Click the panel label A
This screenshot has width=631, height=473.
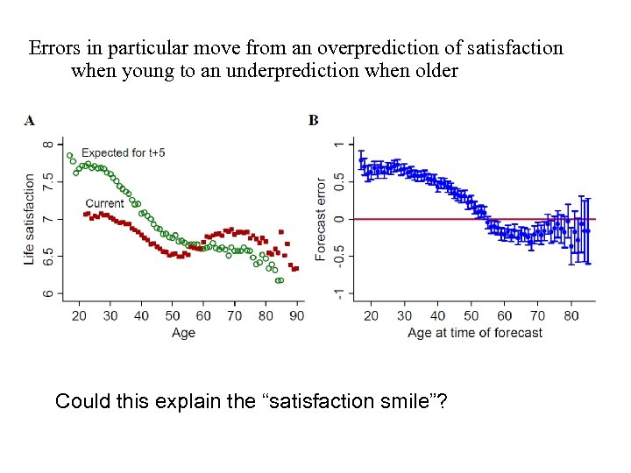pyautogui.click(x=30, y=121)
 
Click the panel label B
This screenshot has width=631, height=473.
pyautogui.click(x=314, y=121)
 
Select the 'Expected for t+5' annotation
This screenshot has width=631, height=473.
pyautogui.click(x=124, y=152)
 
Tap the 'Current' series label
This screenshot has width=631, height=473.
pyautogui.click(x=104, y=203)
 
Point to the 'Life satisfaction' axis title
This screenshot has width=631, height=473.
pyautogui.click(x=30, y=218)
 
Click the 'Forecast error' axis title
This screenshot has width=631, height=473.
pyautogui.click(x=321, y=218)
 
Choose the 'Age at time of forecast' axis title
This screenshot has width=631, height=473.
pyautogui.click(x=475, y=333)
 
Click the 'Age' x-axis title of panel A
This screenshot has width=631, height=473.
pyautogui.click(x=183, y=333)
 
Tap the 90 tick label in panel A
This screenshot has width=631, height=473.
pyautogui.click(x=297, y=315)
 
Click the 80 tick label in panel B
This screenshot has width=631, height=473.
pyautogui.click(x=571, y=315)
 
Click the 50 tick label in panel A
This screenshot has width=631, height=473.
pyautogui.click(x=173, y=315)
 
